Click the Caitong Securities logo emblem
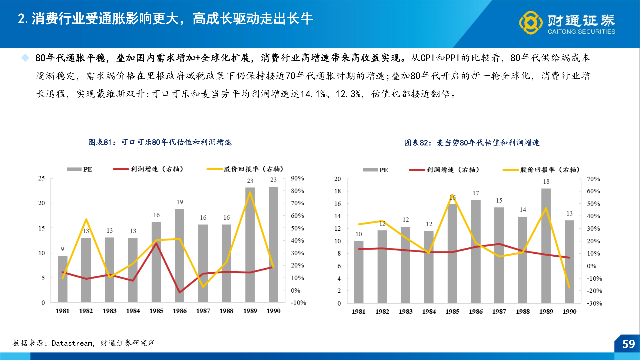531,22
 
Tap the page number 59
628,344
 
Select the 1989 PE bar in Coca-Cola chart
250,245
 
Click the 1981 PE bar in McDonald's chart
359,272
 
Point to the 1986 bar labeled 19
180,255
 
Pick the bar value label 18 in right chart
546,182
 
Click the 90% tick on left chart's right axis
297,178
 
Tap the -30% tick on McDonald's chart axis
594,303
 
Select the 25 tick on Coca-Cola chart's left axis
41,178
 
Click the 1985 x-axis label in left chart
156,311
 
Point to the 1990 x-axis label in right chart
569,311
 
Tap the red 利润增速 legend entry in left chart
148,169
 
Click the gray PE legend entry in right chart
375,170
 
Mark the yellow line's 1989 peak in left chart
250,192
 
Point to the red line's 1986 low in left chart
180,292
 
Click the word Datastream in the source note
72,343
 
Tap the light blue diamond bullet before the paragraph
25,58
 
